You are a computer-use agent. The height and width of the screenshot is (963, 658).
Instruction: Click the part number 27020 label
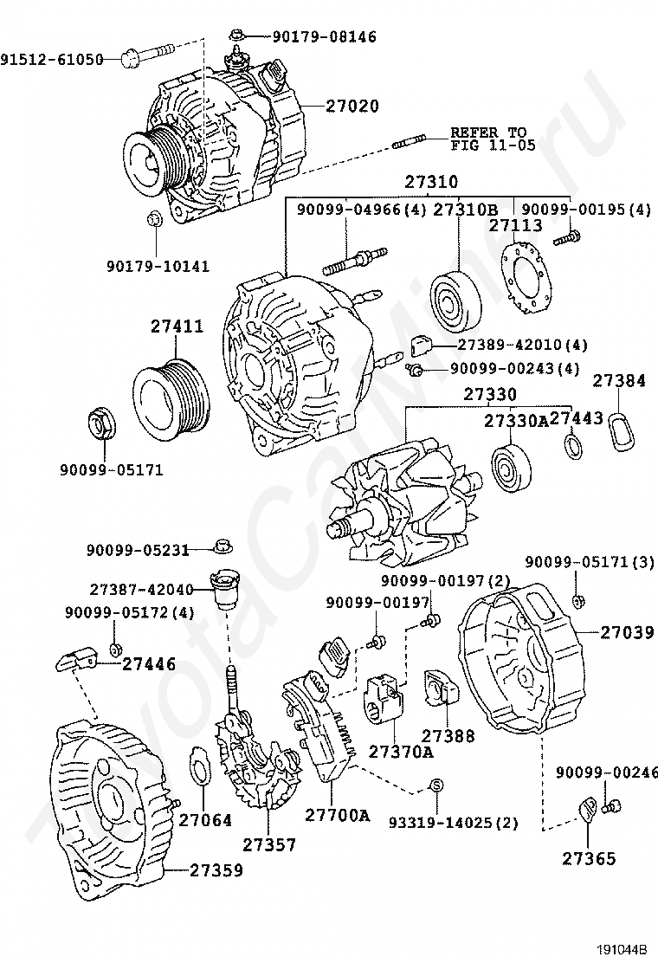pos(352,107)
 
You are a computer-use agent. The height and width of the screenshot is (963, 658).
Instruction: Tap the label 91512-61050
pos(52,60)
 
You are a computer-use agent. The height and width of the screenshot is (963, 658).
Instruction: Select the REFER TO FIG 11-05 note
pos(493,139)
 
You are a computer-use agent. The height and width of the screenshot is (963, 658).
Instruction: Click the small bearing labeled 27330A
pos(510,468)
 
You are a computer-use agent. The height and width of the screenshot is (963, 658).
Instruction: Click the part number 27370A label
pos(401,752)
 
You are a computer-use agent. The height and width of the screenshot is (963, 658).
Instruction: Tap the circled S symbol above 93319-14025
pos(435,785)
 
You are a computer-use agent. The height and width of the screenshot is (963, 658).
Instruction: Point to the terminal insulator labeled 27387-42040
pos(224,588)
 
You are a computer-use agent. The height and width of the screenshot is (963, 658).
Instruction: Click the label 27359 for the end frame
pos(216,870)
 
